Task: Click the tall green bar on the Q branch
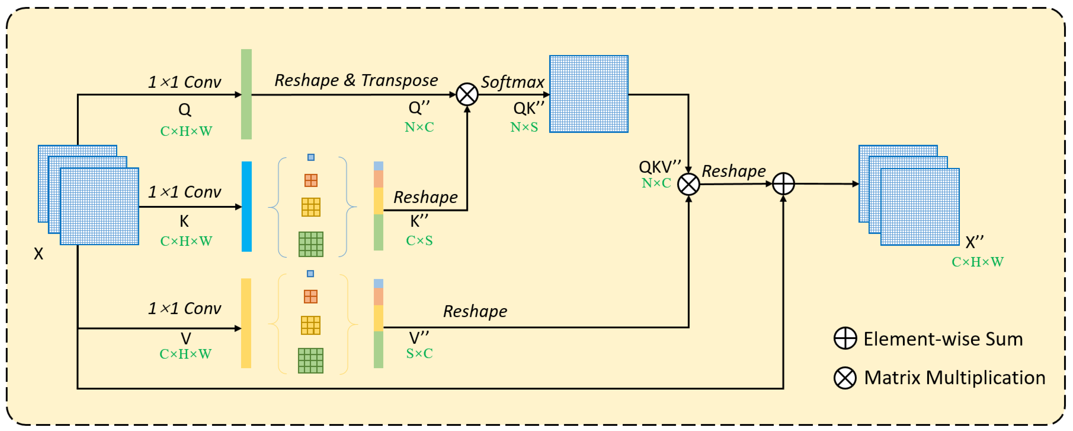click(246, 94)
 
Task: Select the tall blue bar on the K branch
click(247, 206)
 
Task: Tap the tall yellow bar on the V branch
click(246, 323)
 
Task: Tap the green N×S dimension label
click(524, 127)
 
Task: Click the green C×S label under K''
click(419, 241)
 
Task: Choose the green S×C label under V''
click(419, 353)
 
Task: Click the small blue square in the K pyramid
click(311, 157)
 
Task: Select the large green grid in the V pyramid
click(311, 360)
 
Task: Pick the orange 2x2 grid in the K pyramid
click(311, 180)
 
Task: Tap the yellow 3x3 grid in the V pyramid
click(311, 325)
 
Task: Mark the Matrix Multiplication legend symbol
click(845, 378)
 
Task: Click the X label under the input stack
click(38, 253)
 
